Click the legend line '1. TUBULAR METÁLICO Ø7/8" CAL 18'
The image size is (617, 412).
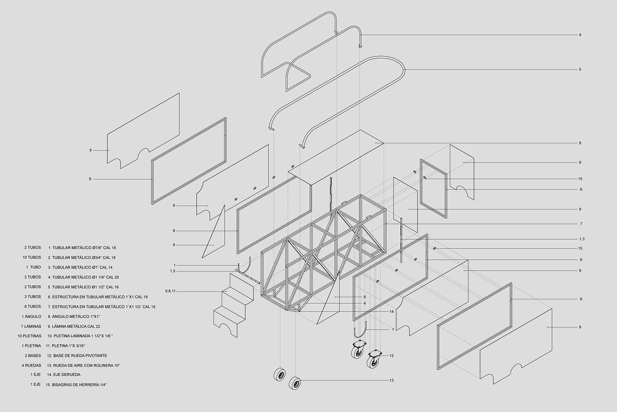[x=82, y=248]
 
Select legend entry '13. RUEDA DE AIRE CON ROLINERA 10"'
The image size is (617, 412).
[x=83, y=365]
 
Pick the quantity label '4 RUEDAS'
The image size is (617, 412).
[x=31, y=365]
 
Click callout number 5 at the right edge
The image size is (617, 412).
[x=580, y=70]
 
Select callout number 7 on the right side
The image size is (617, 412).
[x=581, y=224]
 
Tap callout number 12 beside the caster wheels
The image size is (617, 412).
[x=392, y=356]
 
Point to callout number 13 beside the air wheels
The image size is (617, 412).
[x=392, y=380]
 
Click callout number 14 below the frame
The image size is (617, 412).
[x=392, y=312]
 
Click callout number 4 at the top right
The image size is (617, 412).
[x=580, y=35]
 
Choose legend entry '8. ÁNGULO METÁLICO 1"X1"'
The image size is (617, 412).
[x=74, y=316]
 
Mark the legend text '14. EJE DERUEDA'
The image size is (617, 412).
[x=64, y=375]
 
